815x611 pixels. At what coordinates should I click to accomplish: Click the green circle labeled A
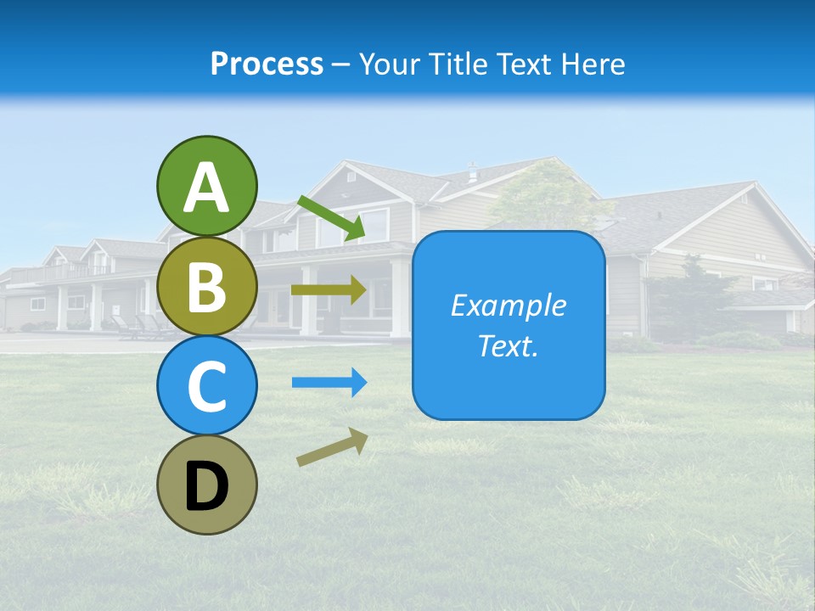point(207,186)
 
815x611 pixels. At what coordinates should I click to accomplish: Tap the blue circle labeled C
point(207,385)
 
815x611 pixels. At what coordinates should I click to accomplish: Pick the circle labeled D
point(207,485)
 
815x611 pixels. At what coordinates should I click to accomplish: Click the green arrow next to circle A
point(331,216)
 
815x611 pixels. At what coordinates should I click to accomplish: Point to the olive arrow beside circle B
point(329,290)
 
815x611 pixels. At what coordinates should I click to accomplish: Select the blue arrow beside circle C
point(329,382)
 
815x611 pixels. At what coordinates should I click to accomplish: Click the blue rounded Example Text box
point(509,325)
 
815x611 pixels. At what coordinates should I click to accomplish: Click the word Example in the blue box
point(508,305)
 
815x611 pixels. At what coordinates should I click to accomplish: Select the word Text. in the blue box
point(508,346)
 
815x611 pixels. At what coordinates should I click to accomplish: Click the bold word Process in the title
point(267,64)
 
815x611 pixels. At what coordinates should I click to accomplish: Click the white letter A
point(207,188)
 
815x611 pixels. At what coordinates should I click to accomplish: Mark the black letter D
point(207,487)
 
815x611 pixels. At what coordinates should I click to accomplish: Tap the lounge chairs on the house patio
point(140,326)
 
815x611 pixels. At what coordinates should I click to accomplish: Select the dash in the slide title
point(340,65)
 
